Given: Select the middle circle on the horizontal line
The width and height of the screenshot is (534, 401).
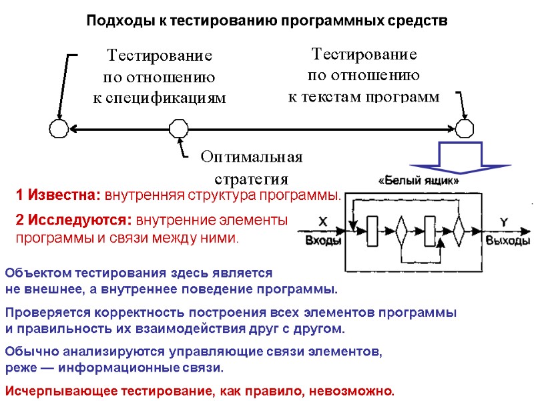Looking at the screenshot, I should pyautogui.click(x=178, y=128).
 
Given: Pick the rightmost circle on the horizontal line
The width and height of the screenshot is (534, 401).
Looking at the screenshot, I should pyautogui.click(x=465, y=128).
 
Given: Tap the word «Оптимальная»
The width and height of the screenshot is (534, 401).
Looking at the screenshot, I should pyautogui.click(x=252, y=157).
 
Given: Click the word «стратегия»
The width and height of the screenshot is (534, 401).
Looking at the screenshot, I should pyautogui.click(x=251, y=179).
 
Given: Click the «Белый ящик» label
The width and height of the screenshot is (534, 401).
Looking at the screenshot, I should pyautogui.click(x=419, y=180).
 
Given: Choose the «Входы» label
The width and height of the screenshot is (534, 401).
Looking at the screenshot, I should pyautogui.click(x=324, y=241).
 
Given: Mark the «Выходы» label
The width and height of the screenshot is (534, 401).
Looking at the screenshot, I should pyautogui.click(x=508, y=241).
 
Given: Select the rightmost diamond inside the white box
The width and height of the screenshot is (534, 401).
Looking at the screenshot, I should pyautogui.click(x=459, y=231).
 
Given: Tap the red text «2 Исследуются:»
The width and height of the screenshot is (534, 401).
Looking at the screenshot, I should pyautogui.click(x=74, y=219).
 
